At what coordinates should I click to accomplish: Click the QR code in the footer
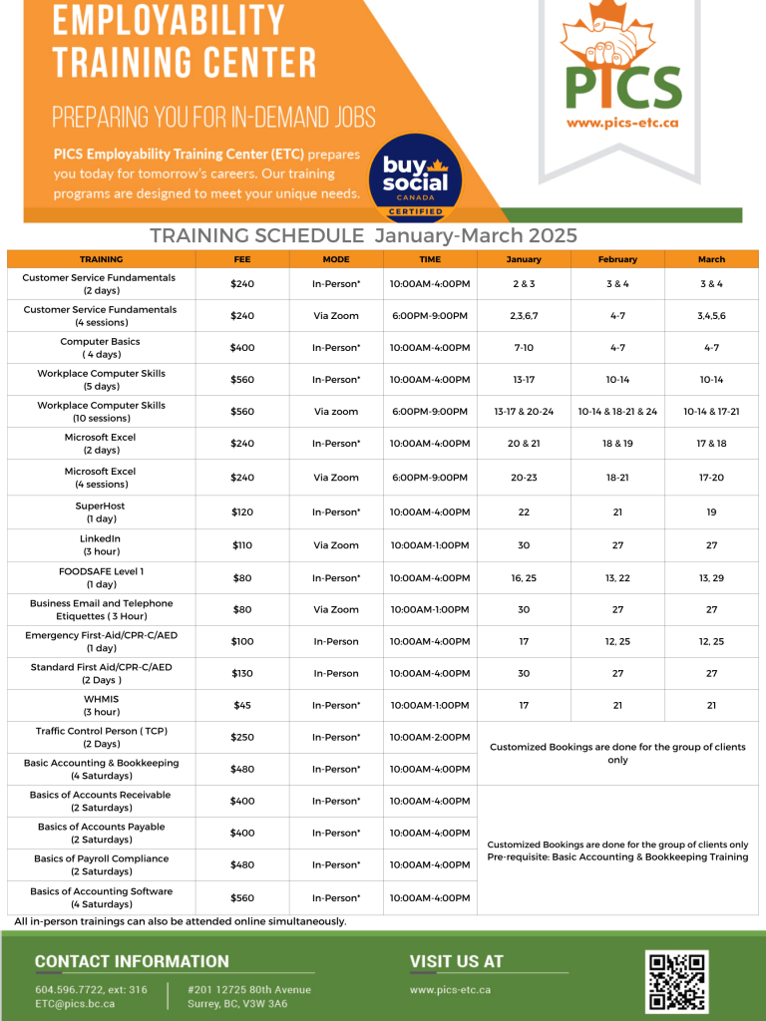(x=677, y=981)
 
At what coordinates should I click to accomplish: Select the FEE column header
(x=242, y=259)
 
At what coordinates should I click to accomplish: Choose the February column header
(x=617, y=259)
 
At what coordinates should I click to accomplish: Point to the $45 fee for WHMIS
(x=242, y=705)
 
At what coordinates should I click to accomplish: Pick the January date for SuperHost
(x=524, y=511)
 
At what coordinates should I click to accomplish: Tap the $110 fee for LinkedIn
(x=242, y=545)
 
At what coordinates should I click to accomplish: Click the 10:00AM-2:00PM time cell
(x=430, y=737)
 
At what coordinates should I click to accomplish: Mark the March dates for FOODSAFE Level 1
(x=711, y=577)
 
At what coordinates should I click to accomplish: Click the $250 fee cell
(x=242, y=737)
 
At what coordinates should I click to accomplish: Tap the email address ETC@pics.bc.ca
(x=75, y=1003)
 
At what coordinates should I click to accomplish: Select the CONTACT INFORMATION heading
(x=132, y=962)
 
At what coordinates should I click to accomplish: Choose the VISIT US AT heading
(x=456, y=962)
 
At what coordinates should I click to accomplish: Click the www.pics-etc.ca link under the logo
(x=621, y=123)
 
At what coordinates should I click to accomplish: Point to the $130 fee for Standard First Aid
(x=242, y=673)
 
